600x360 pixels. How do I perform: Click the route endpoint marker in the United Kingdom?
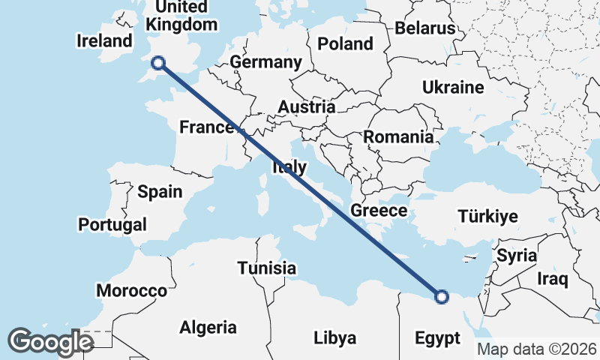158,63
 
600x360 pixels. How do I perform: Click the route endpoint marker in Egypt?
441,297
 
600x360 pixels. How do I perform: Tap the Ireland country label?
104,41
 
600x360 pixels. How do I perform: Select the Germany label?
266,62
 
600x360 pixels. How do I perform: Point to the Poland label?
345,43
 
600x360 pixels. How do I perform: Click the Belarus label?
425,28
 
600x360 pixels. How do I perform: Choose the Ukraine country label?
453,87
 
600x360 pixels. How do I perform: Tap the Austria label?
306,107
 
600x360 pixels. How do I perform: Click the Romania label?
398,137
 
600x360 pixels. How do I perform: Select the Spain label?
160,191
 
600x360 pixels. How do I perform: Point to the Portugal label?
112,224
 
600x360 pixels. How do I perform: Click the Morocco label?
131,290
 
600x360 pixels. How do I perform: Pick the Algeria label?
208,327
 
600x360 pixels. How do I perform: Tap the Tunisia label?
267,268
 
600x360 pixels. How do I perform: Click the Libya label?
334,337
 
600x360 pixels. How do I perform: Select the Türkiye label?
488,217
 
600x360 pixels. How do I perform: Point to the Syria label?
517,255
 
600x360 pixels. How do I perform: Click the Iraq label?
553,279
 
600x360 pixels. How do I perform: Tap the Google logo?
50,341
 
